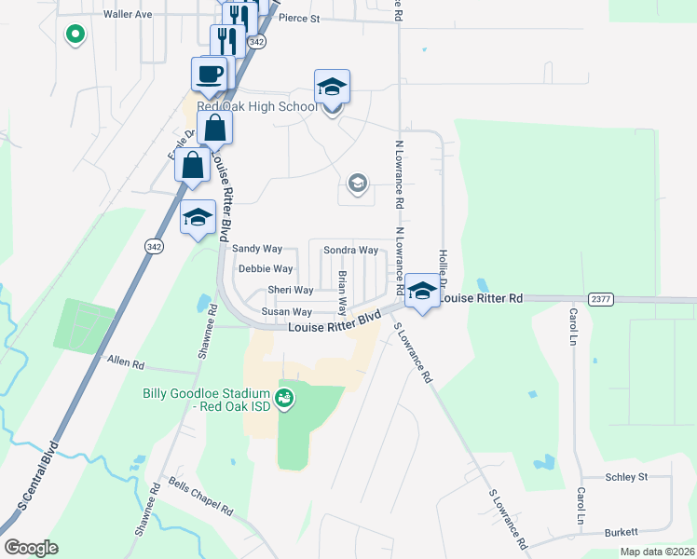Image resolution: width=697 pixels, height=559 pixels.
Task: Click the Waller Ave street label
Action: coord(128,15)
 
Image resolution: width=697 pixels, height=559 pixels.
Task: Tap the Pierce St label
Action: coord(298,18)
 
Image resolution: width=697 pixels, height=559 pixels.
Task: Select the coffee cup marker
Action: coord(209,75)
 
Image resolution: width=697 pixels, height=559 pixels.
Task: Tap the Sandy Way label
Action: coord(256,249)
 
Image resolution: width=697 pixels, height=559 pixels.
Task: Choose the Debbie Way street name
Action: coord(266,268)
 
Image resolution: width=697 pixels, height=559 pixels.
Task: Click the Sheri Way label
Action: coord(290,291)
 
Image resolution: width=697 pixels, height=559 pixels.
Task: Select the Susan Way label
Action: coord(286,312)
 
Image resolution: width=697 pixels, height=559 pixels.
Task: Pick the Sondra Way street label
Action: coord(350,250)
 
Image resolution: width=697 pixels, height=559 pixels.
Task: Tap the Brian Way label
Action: coord(342,291)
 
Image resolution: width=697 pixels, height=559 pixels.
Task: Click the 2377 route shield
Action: coord(601,298)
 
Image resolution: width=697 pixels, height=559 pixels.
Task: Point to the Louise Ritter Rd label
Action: coord(482,298)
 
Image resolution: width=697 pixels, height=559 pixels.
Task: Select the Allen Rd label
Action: coord(126,361)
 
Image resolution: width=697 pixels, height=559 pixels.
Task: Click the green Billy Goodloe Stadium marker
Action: coord(286,399)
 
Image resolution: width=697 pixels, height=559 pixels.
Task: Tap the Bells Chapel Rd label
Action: coord(200,498)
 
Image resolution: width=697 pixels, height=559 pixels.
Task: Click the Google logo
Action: coord(31,548)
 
